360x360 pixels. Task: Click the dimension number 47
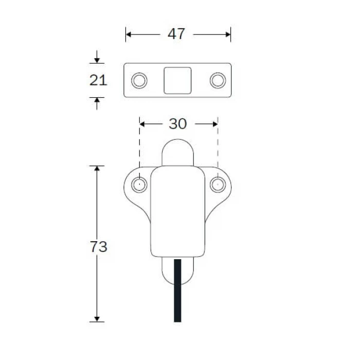(x=176, y=34)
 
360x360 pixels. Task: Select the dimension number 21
(x=98, y=80)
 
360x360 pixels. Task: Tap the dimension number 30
(x=178, y=124)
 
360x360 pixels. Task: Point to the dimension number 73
(x=99, y=246)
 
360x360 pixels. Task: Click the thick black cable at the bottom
(x=177, y=291)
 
